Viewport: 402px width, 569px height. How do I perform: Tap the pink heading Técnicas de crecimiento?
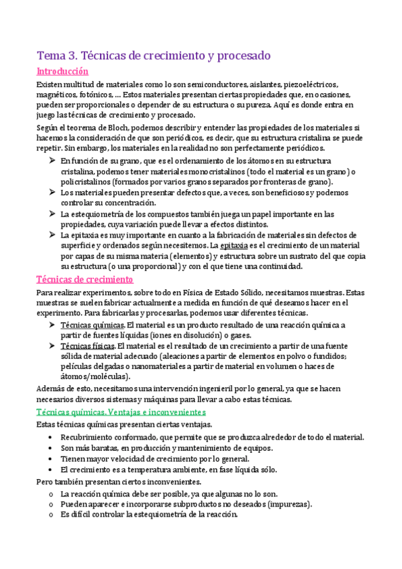pos(85,278)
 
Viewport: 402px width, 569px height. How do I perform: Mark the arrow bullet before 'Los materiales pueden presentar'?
pos(52,193)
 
